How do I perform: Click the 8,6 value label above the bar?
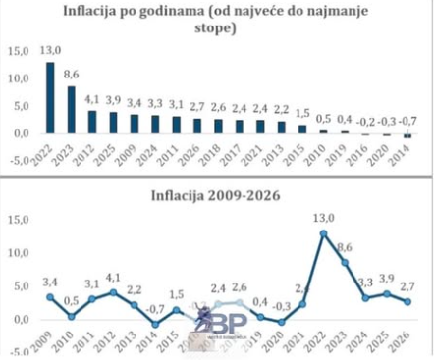click(x=72, y=75)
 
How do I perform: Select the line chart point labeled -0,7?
click(x=154, y=324)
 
